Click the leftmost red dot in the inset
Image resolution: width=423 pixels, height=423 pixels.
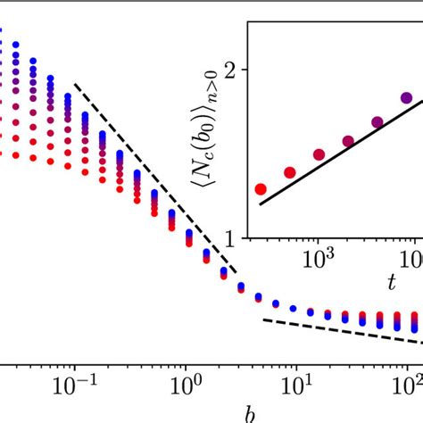tap(261, 188)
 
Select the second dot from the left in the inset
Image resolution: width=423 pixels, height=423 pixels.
tap(290, 172)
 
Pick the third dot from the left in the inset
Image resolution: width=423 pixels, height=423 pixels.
tap(319, 154)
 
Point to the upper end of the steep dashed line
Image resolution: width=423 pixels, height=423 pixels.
tap(75, 85)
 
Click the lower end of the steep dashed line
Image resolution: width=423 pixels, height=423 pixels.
tap(236, 273)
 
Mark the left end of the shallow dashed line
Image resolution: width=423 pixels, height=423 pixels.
tap(263, 319)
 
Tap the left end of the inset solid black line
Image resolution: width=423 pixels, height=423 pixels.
tap(261, 204)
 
